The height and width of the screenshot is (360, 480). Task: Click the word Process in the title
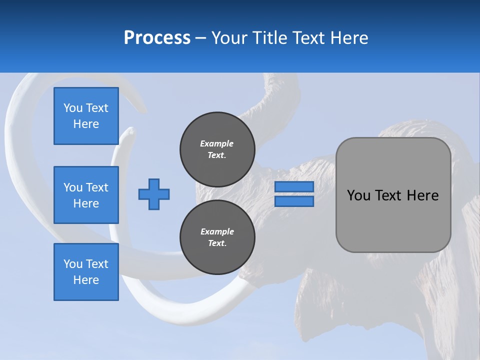coord(157,38)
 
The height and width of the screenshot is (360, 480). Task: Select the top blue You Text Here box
coord(86,116)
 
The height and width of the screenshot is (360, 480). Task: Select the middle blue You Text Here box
coord(86,195)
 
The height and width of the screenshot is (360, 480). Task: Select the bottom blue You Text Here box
coord(86,272)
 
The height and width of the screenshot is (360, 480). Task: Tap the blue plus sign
coord(154,194)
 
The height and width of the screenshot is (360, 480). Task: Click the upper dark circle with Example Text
coord(217,149)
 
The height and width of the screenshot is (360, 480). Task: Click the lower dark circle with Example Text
coord(217,237)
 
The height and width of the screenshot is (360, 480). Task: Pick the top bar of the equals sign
coord(294,187)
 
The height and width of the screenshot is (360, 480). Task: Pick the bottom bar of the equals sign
coord(294,201)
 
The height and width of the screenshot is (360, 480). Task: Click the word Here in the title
coord(348,38)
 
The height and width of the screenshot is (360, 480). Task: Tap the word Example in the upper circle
coord(217,143)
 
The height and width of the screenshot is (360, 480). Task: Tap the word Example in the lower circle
coord(217,231)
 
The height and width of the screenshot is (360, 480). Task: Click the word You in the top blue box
coord(72,108)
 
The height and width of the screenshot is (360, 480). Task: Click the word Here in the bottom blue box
coord(86,280)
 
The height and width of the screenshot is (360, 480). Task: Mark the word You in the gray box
coord(358,195)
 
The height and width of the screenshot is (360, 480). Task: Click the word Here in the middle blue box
coord(86,203)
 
